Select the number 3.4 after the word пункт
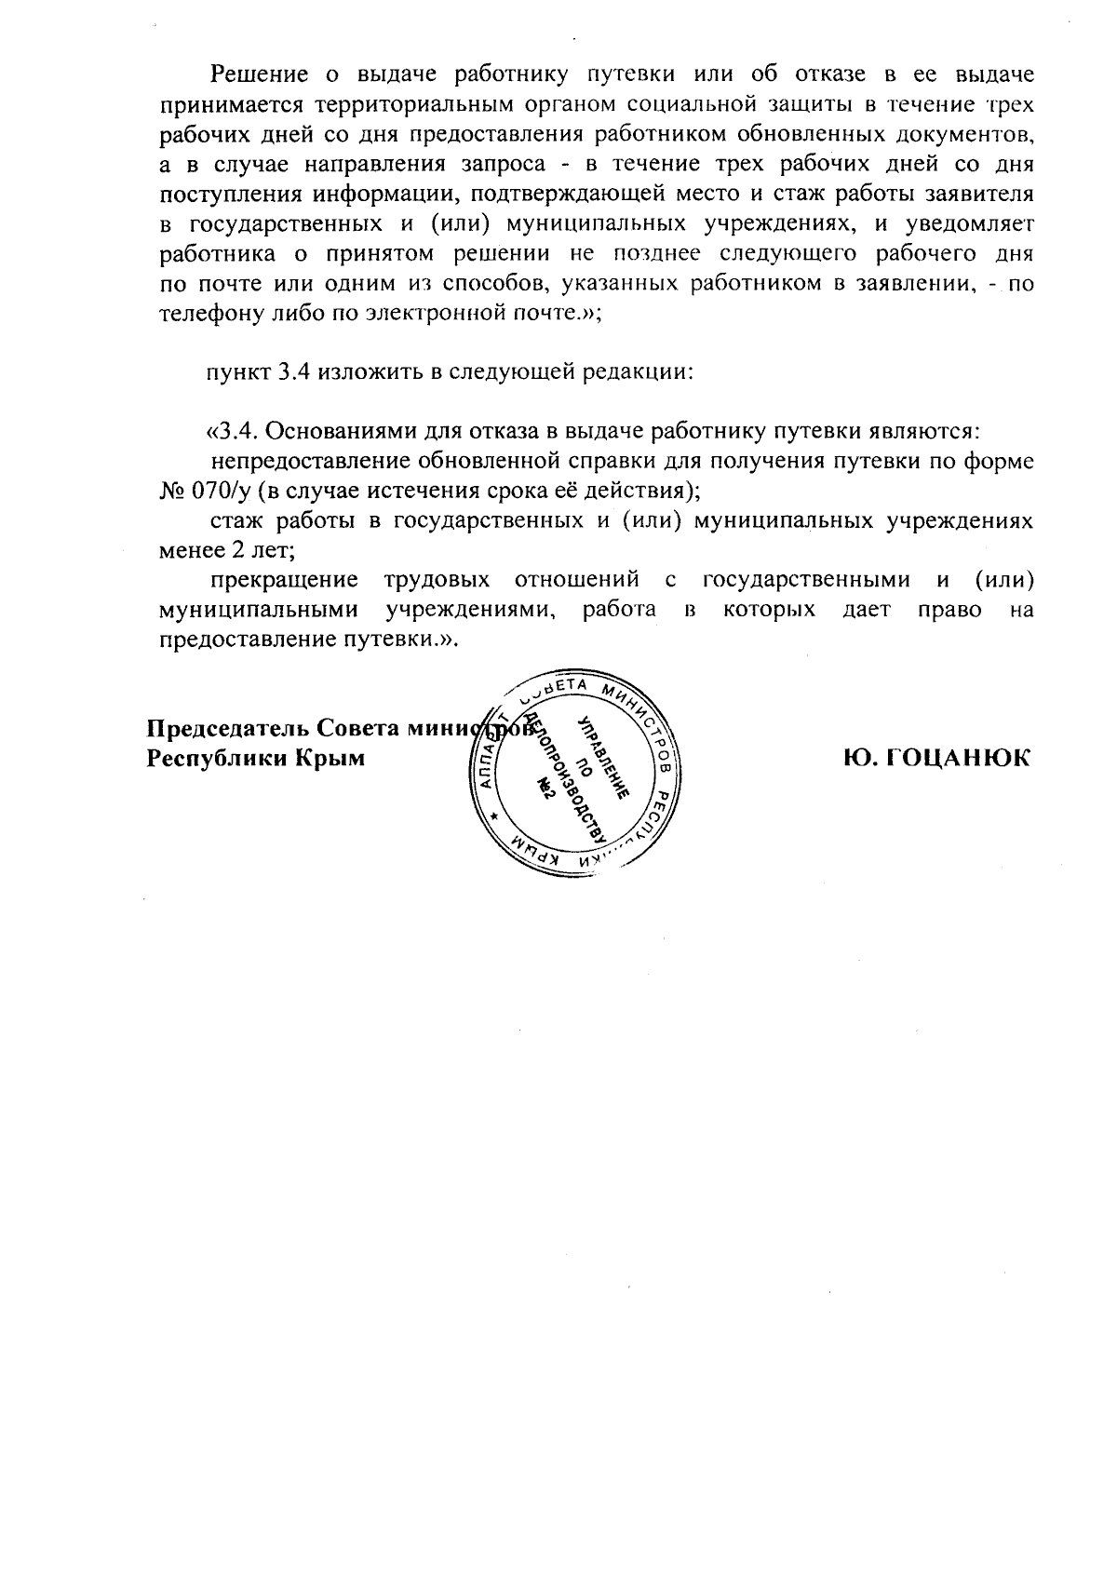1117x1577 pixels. pyautogui.click(x=296, y=371)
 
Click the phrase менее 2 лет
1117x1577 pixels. pyautogui.click(x=227, y=550)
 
